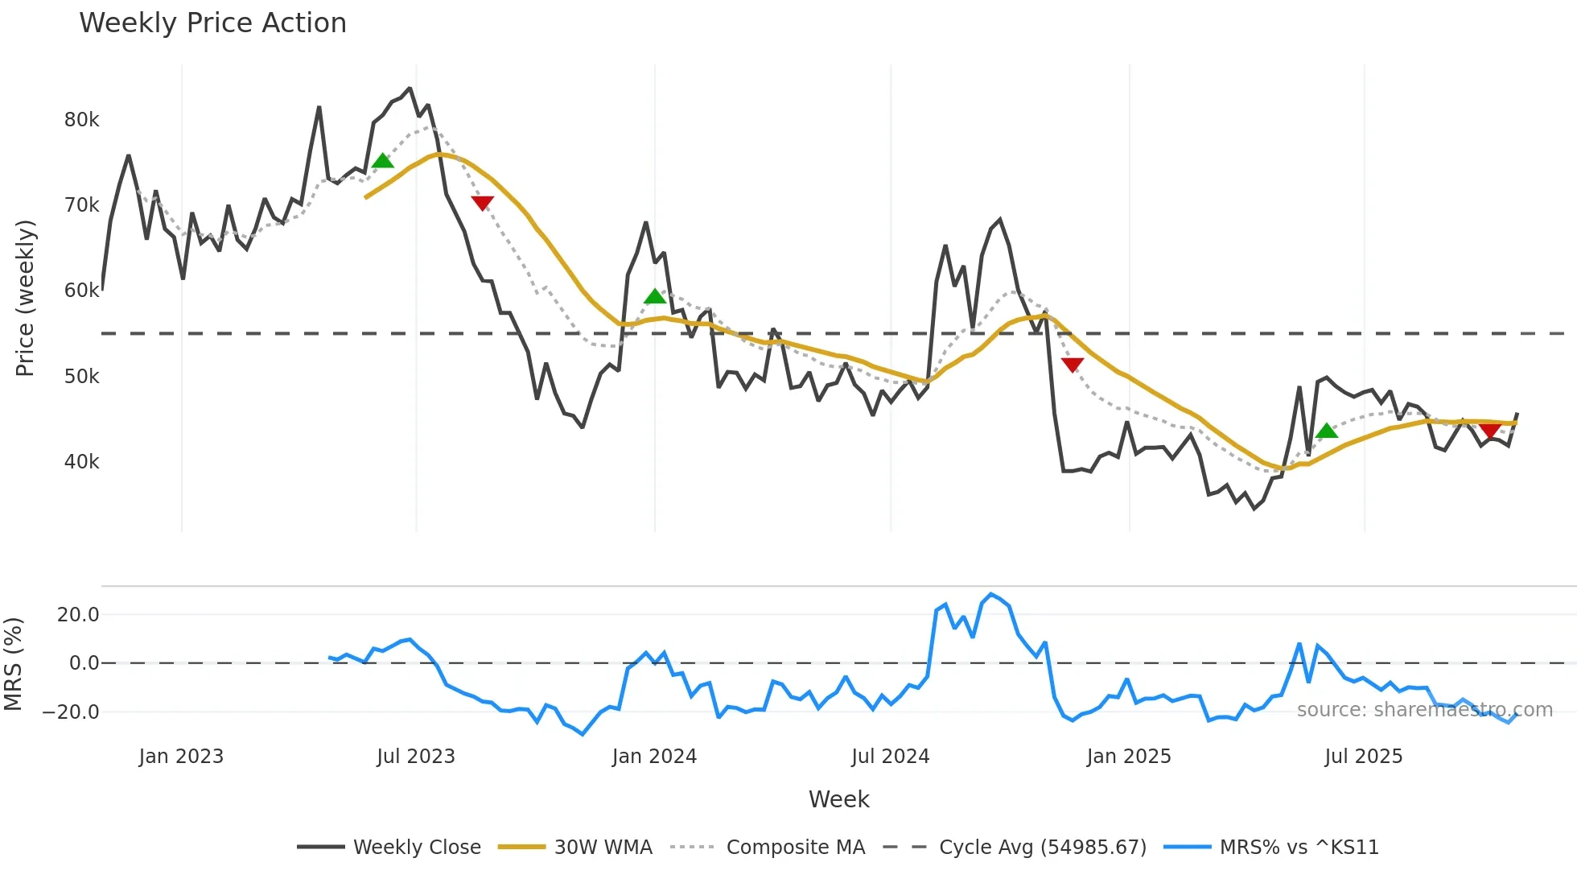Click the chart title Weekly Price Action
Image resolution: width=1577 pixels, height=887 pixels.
pyautogui.click(x=212, y=23)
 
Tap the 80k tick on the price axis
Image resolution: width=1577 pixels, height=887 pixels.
pyautogui.click(x=81, y=120)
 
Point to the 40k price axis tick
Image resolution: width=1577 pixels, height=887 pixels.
pyautogui.click(x=81, y=462)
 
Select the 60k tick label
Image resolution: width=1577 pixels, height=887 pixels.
pyautogui.click(x=81, y=291)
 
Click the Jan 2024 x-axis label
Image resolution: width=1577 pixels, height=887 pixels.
pyautogui.click(x=654, y=757)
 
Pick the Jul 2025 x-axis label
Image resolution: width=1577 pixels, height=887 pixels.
pyautogui.click(x=1363, y=757)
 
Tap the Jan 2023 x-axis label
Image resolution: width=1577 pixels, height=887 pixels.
pyautogui.click(x=181, y=757)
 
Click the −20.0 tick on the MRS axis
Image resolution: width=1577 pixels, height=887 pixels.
pyautogui.click(x=71, y=712)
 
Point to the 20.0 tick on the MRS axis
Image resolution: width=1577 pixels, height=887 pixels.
pyautogui.click(x=78, y=615)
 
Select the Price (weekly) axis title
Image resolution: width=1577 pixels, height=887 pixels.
pyautogui.click(x=25, y=298)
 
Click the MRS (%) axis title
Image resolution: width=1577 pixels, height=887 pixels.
pyautogui.click(x=13, y=664)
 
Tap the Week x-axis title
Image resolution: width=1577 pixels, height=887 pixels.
pyautogui.click(x=838, y=799)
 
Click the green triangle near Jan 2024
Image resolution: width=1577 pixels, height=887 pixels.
pyautogui.click(x=655, y=296)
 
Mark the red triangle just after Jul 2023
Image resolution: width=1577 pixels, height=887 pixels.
pyautogui.click(x=482, y=203)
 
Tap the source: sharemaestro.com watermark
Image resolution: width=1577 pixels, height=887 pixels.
pyautogui.click(x=1424, y=710)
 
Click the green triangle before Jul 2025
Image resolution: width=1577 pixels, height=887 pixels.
pyautogui.click(x=1327, y=431)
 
